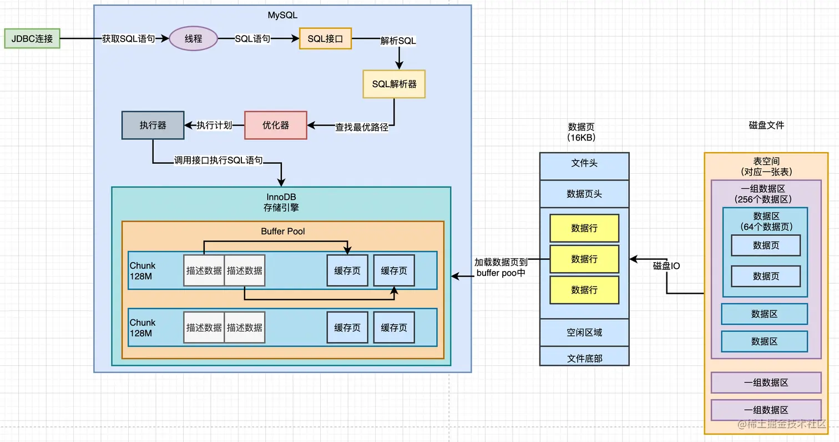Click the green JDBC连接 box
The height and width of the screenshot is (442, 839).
click(x=32, y=38)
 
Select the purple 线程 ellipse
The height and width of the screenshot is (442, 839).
click(x=193, y=38)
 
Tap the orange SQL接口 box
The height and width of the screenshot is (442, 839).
click(x=325, y=38)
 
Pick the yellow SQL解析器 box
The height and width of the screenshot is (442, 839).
click(x=394, y=84)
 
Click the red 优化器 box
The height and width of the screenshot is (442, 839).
click(x=276, y=125)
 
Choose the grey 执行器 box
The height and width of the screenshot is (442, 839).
click(x=153, y=125)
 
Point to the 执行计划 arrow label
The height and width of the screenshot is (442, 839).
click(x=214, y=125)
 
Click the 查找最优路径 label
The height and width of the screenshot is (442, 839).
click(x=361, y=128)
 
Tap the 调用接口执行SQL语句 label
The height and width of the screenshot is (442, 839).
click(x=219, y=160)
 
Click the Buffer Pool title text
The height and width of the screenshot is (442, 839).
click(x=283, y=232)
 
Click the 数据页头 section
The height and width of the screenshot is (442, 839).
click(x=584, y=194)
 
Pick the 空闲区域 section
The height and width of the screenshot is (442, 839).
click(x=584, y=333)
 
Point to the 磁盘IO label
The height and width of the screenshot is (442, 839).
click(x=666, y=266)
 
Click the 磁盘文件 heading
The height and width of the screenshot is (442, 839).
click(x=766, y=125)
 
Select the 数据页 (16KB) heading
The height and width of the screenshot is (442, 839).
click(x=582, y=132)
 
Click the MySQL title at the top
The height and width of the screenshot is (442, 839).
click(x=282, y=15)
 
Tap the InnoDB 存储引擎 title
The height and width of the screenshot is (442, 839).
click(x=281, y=202)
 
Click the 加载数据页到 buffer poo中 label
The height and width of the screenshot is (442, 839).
click(x=501, y=267)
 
